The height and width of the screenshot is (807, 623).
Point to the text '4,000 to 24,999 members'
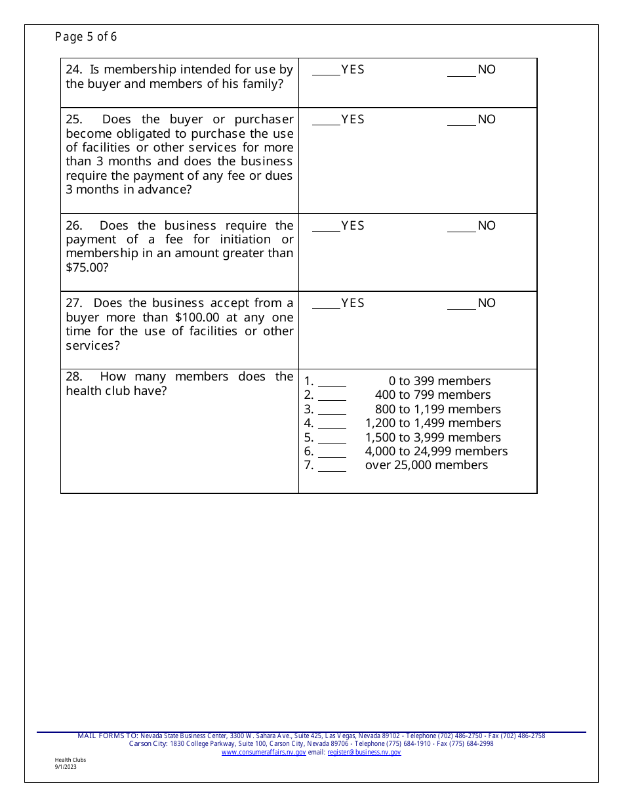click(436, 451)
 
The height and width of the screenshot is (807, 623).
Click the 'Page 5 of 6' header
click(86, 37)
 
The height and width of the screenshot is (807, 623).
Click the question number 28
click(74, 377)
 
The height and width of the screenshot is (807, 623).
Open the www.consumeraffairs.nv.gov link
click(264, 753)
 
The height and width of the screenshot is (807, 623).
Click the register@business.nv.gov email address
click(364, 753)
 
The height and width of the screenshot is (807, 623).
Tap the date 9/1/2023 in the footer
click(66, 766)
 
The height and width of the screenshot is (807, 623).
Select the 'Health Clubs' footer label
click(70, 760)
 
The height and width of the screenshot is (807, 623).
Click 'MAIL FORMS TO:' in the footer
click(108, 736)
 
